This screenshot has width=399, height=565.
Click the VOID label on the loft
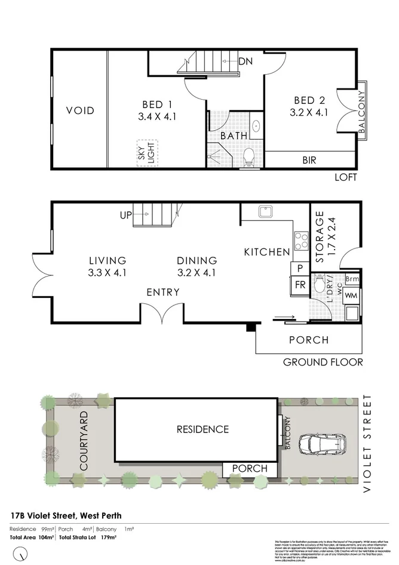pyautogui.click(x=80, y=110)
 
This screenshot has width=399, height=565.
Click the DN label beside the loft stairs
pyautogui.click(x=245, y=61)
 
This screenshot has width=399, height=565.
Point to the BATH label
pyautogui.click(x=234, y=136)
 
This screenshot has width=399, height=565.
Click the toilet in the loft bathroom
pyautogui.click(x=250, y=158)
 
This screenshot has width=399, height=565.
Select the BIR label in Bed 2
pyautogui.click(x=309, y=160)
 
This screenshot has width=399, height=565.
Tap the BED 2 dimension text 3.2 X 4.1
pyautogui.click(x=309, y=112)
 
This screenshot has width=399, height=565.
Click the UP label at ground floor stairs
pyautogui.click(x=125, y=215)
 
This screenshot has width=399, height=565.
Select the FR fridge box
pyautogui.click(x=300, y=285)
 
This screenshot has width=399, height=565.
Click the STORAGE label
pyautogui.click(x=319, y=237)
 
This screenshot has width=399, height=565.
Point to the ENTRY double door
pyautogui.click(x=164, y=314)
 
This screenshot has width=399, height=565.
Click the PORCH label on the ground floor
pyautogui.click(x=308, y=340)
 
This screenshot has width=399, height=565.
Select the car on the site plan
pyautogui.click(x=323, y=444)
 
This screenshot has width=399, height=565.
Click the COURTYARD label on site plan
pyautogui.click(x=84, y=440)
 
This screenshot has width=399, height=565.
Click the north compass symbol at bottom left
pyautogui.click(x=22, y=554)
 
